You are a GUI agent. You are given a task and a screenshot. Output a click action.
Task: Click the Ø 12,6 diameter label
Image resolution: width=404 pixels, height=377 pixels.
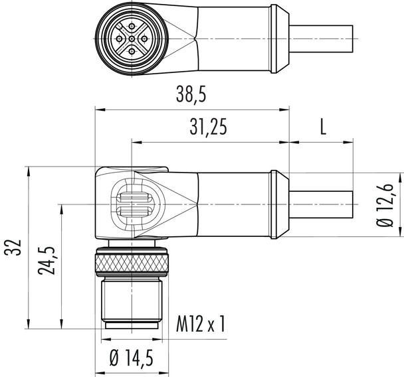coord(389,206)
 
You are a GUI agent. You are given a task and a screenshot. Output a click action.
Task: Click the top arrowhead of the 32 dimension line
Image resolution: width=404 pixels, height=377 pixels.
coord(30,170)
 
